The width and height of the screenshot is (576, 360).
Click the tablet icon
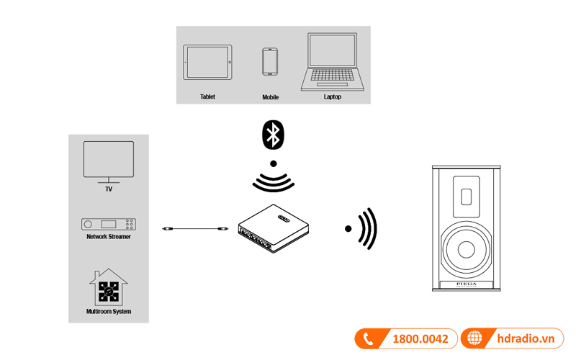pos(208,63)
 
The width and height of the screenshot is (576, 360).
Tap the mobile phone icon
pos(270,62)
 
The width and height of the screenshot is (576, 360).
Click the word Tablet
pos(207,96)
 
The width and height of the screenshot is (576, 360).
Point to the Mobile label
pos(270,96)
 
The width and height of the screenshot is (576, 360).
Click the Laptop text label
pos(332,96)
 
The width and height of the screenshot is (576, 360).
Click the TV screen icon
pos(109,159)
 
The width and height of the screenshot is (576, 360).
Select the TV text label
pos(109,189)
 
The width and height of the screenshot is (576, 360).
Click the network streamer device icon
pos(109,224)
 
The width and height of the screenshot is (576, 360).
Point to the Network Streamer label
pos(109,236)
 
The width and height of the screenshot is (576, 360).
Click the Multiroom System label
pos(109,312)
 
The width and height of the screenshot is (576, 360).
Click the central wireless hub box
pos(273,229)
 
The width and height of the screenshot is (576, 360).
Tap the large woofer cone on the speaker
pos(464,248)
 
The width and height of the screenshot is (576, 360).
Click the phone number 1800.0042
pos(420,339)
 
